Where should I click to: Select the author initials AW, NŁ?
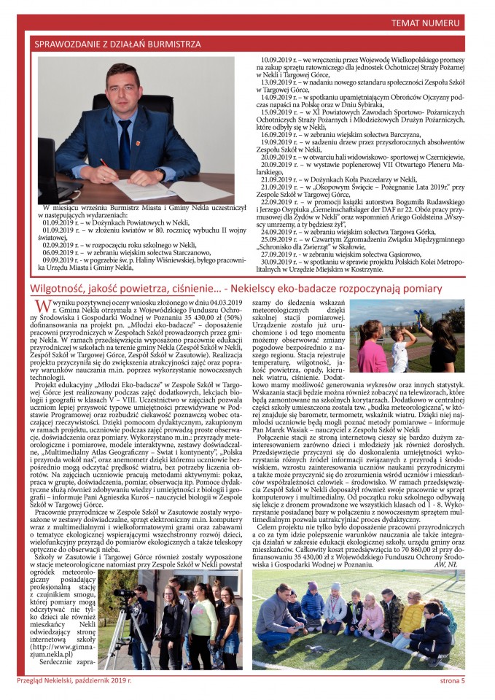tap(446, 564)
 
